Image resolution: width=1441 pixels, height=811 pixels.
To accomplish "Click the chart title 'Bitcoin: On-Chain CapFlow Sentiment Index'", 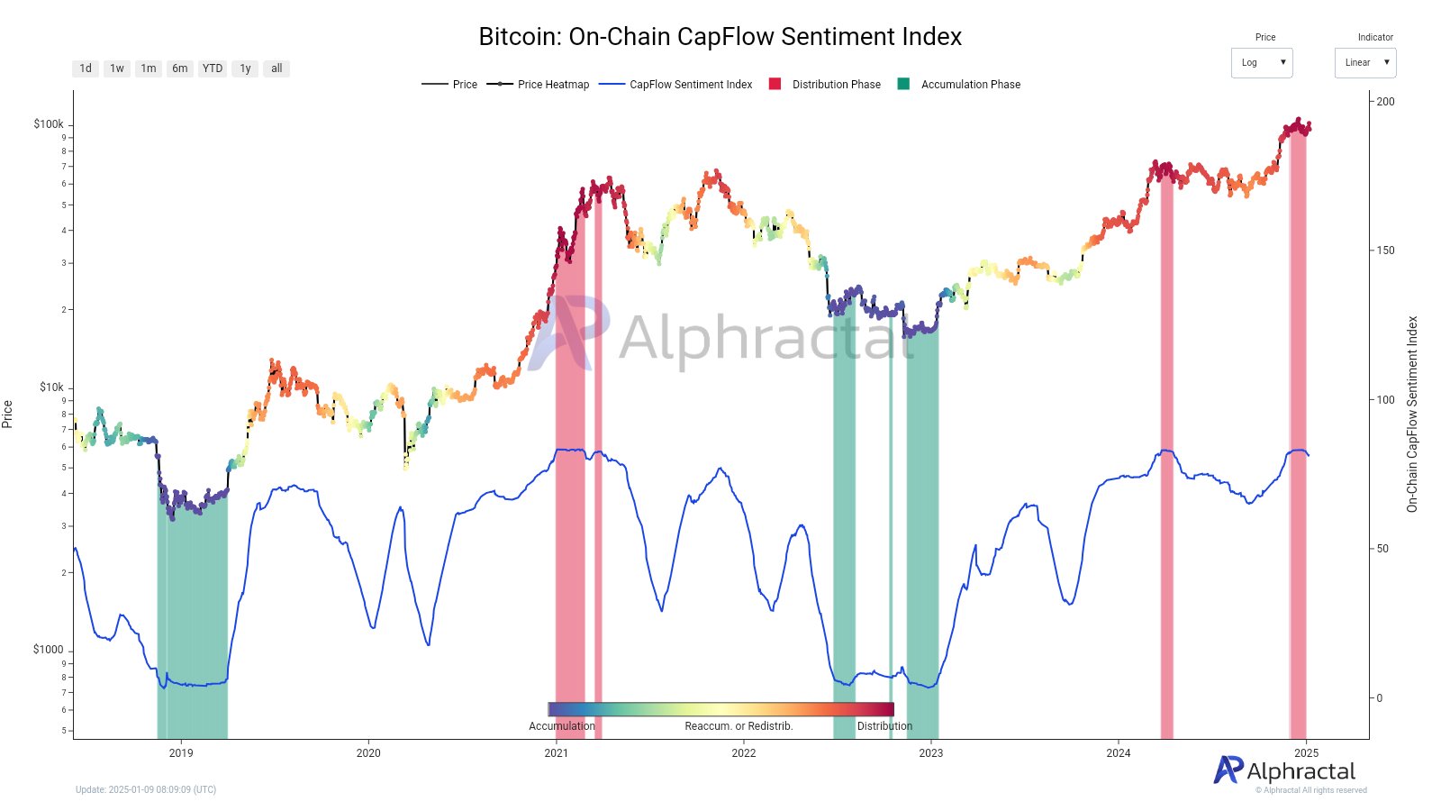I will click(720, 37).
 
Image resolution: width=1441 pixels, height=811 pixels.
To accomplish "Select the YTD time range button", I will click(213, 68).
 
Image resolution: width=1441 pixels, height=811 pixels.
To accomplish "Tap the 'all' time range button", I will click(276, 68).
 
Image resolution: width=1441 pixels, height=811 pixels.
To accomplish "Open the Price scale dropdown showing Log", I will click(1261, 63).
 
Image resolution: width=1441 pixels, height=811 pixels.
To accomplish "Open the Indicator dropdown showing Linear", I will click(1364, 63).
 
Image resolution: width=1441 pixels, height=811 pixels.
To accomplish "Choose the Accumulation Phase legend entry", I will click(959, 85).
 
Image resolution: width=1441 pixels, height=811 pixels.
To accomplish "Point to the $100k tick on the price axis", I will click(49, 124).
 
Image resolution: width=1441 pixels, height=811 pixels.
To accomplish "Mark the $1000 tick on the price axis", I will click(49, 650).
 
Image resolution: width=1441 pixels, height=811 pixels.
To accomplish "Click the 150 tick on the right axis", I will click(1385, 251).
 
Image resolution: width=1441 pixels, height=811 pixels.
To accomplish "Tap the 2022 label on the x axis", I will click(743, 753).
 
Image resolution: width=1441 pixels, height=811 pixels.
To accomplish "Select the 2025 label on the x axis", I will click(1306, 753).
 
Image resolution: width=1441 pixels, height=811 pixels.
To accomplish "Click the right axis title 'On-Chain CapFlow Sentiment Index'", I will click(1412, 415).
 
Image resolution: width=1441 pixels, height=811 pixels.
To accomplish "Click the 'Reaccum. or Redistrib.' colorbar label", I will click(739, 726).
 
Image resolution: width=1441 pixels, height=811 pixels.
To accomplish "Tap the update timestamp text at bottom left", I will click(146, 790).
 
